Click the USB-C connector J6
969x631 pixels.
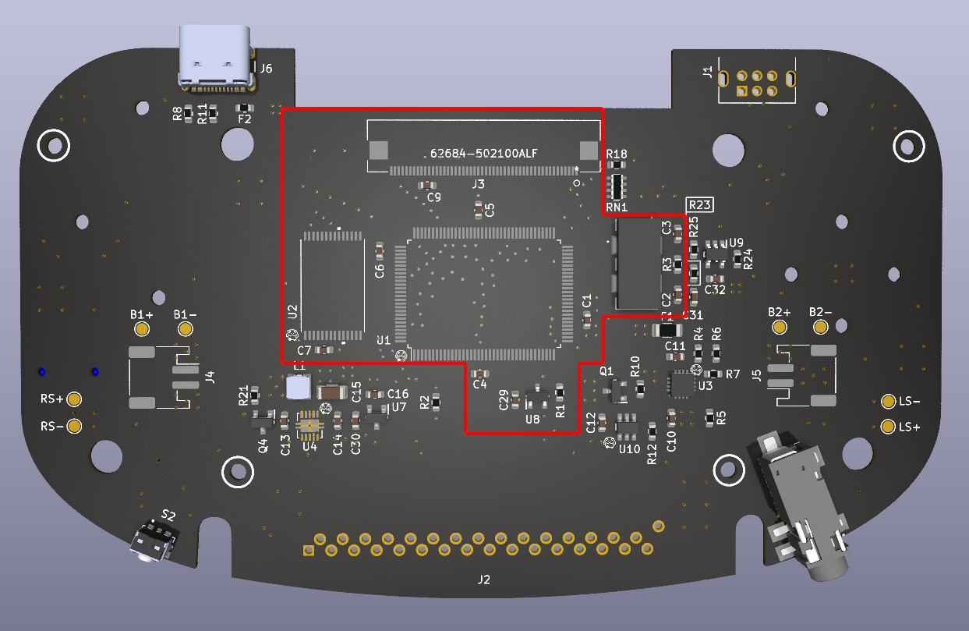coord(216,56)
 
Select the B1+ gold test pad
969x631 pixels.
coord(142,328)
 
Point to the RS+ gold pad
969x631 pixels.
coord(74,399)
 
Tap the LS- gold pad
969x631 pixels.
coord(888,402)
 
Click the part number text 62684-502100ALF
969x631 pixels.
coord(483,153)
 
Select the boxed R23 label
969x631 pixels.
coord(698,205)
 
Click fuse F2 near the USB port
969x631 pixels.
coord(244,108)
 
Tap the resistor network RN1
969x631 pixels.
coord(617,186)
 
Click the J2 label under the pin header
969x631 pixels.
coord(484,580)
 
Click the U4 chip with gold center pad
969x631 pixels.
coord(310,425)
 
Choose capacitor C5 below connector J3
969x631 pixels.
coord(479,209)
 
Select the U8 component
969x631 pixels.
coord(536,399)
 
